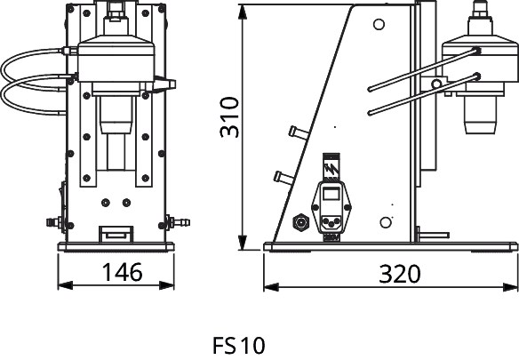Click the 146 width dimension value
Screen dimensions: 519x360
[122, 272]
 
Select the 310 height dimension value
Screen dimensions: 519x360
[229, 117]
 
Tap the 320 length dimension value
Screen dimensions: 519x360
[400, 275]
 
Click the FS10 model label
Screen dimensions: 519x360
[239, 346]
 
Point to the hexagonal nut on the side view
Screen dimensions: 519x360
[300, 222]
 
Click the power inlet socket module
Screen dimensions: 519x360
[331, 207]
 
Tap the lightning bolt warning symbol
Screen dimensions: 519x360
[331, 170]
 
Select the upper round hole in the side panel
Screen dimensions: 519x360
[379, 25]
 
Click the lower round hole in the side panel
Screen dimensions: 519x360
[386, 222]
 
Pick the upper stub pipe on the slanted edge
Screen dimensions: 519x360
[299, 132]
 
